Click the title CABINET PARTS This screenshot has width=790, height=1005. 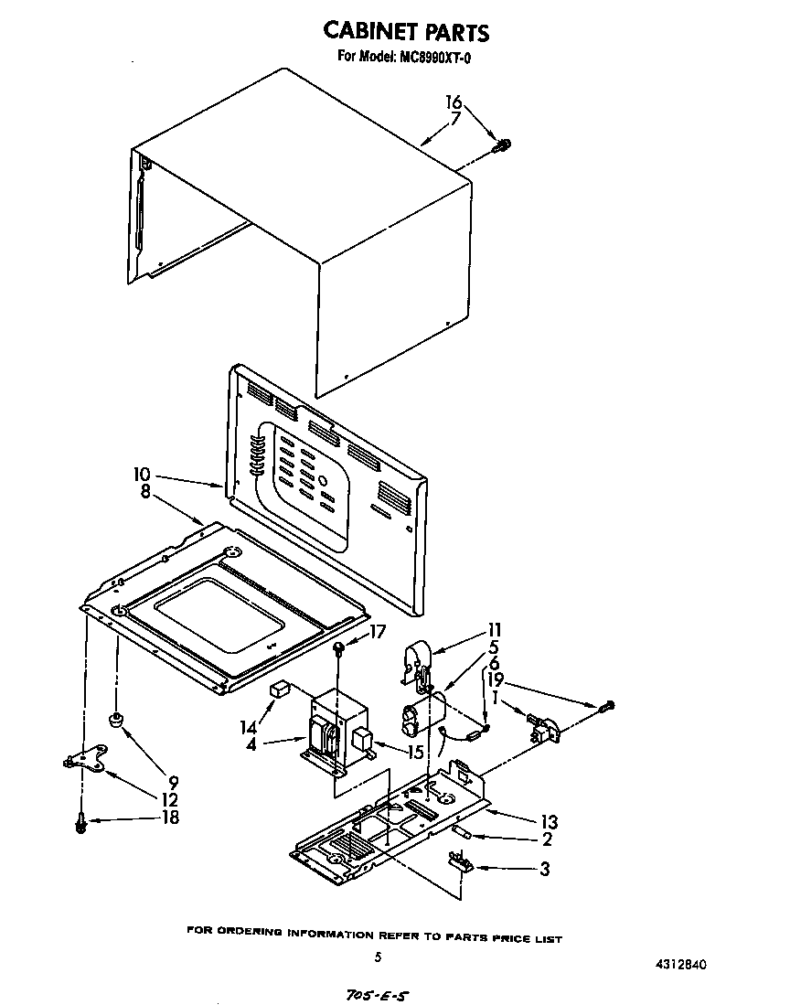[x=407, y=31]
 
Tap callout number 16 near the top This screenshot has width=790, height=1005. [x=454, y=102]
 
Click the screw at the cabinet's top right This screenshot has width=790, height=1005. [x=501, y=144]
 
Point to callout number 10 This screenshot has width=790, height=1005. [x=142, y=475]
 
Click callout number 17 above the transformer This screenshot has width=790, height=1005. [x=378, y=630]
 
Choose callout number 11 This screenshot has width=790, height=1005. [x=494, y=629]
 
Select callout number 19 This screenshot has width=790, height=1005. [x=494, y=679]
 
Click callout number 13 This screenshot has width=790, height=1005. [x=550, y=821]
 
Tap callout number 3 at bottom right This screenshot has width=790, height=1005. [x=545, y=870]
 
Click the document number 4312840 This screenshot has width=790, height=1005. [x=681, y=964]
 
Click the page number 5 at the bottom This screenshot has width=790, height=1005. [x=377, y=957]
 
